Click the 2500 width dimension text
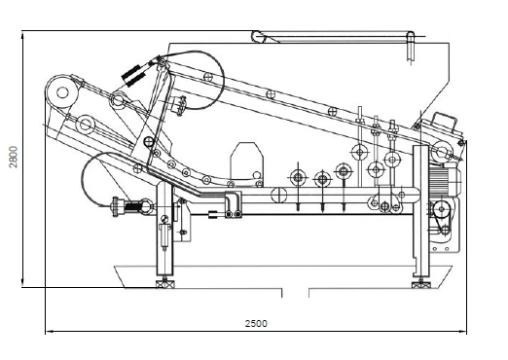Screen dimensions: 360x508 (256, 323)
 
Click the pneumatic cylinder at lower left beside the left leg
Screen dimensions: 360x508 (128, 205)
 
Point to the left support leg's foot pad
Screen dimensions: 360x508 (163, 283)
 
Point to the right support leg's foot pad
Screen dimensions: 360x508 (420, 283)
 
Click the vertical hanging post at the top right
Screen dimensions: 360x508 (412, 47)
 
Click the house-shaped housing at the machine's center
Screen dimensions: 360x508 (244, 162)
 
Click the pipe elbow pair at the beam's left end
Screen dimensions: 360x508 (230, 206)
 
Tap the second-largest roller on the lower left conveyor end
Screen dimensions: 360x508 (87, 125)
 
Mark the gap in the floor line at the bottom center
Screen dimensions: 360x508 (295, 290)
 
